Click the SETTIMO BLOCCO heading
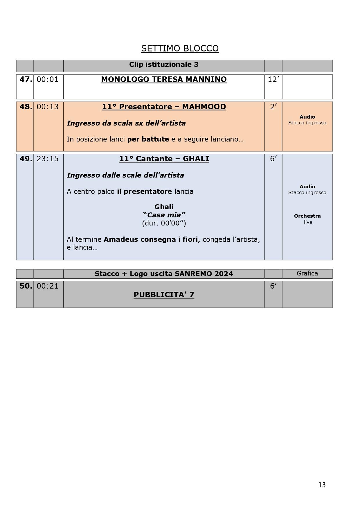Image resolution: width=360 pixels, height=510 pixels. click(180, 48)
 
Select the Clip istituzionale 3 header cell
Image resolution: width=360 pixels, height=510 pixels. click(164, 65)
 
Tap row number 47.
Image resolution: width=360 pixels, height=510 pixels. click(26, 79)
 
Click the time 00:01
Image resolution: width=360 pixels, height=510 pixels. click(48, 79)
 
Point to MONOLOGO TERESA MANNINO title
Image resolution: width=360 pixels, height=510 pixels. click(164, 79)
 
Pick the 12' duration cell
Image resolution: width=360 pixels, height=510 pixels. click(273, 79)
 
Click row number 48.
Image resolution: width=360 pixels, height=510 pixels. click(26, 107)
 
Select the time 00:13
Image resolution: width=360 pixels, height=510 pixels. click(48, 107)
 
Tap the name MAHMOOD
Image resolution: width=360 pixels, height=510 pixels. click(204, 107)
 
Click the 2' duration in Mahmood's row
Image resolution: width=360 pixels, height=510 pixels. click(273, 107)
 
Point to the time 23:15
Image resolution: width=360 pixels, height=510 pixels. click(48, 159)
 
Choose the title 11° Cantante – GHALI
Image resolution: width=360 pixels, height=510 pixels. click(164, 159)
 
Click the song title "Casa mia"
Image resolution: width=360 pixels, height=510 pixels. click(164, 215)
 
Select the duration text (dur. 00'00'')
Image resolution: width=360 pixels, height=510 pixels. click(164, 223)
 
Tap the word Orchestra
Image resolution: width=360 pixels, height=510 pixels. click(307, 216)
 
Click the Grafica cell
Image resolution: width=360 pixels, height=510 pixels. click(307, 273)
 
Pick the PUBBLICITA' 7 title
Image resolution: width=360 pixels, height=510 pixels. click(164, 295)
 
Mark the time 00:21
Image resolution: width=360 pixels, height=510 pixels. click(48, 286)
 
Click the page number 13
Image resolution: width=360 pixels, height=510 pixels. click(322, 485)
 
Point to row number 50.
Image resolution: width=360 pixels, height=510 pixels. click(26, 286)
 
